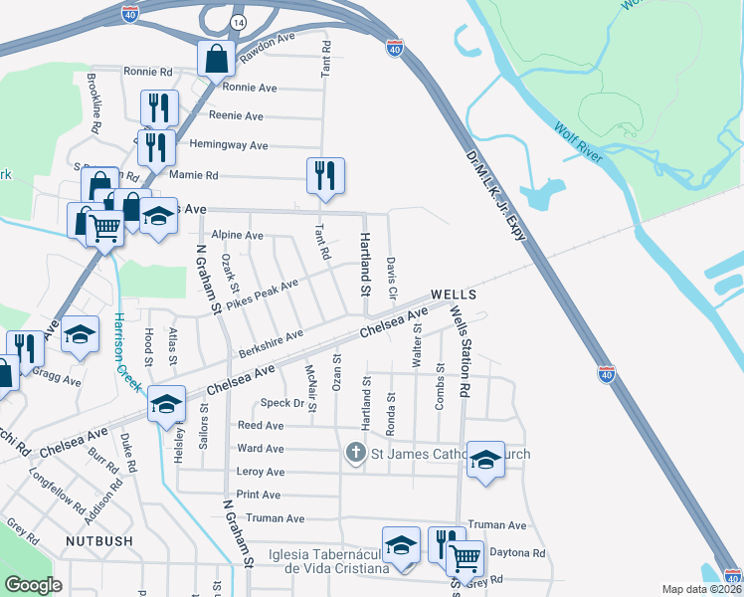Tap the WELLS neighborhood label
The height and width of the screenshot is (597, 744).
click(455, 296)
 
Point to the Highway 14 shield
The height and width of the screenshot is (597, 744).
click(236, 21)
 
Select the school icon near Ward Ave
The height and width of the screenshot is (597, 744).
click(485, 459)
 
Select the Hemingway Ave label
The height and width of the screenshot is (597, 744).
click(229, 145)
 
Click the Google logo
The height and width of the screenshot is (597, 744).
click(33, 585)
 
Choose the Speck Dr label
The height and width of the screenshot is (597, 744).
click(281, 403)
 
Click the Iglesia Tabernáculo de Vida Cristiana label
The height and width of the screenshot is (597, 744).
click(328, 560)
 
